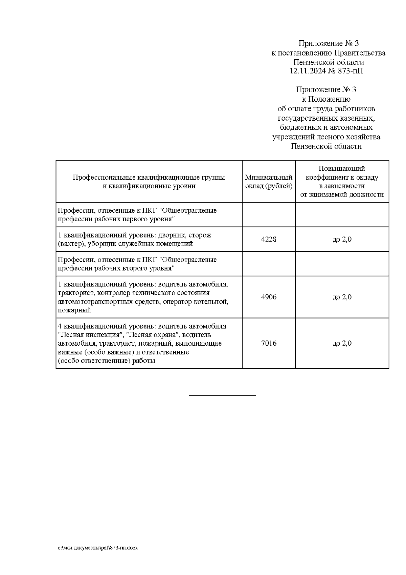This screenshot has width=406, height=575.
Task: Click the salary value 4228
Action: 269,239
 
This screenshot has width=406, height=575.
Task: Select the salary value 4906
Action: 269,297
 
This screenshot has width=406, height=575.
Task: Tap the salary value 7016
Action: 269,343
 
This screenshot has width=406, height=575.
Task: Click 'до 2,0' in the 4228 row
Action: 342,239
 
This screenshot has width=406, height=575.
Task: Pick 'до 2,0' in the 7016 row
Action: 342,343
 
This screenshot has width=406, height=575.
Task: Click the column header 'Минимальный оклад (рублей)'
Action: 269,182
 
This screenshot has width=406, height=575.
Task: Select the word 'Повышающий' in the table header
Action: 342,169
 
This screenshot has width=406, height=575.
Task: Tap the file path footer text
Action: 97,548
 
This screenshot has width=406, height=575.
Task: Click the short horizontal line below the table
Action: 222,395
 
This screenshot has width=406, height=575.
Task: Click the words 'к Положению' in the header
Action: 326,99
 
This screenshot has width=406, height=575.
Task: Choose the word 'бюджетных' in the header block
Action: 295,128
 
